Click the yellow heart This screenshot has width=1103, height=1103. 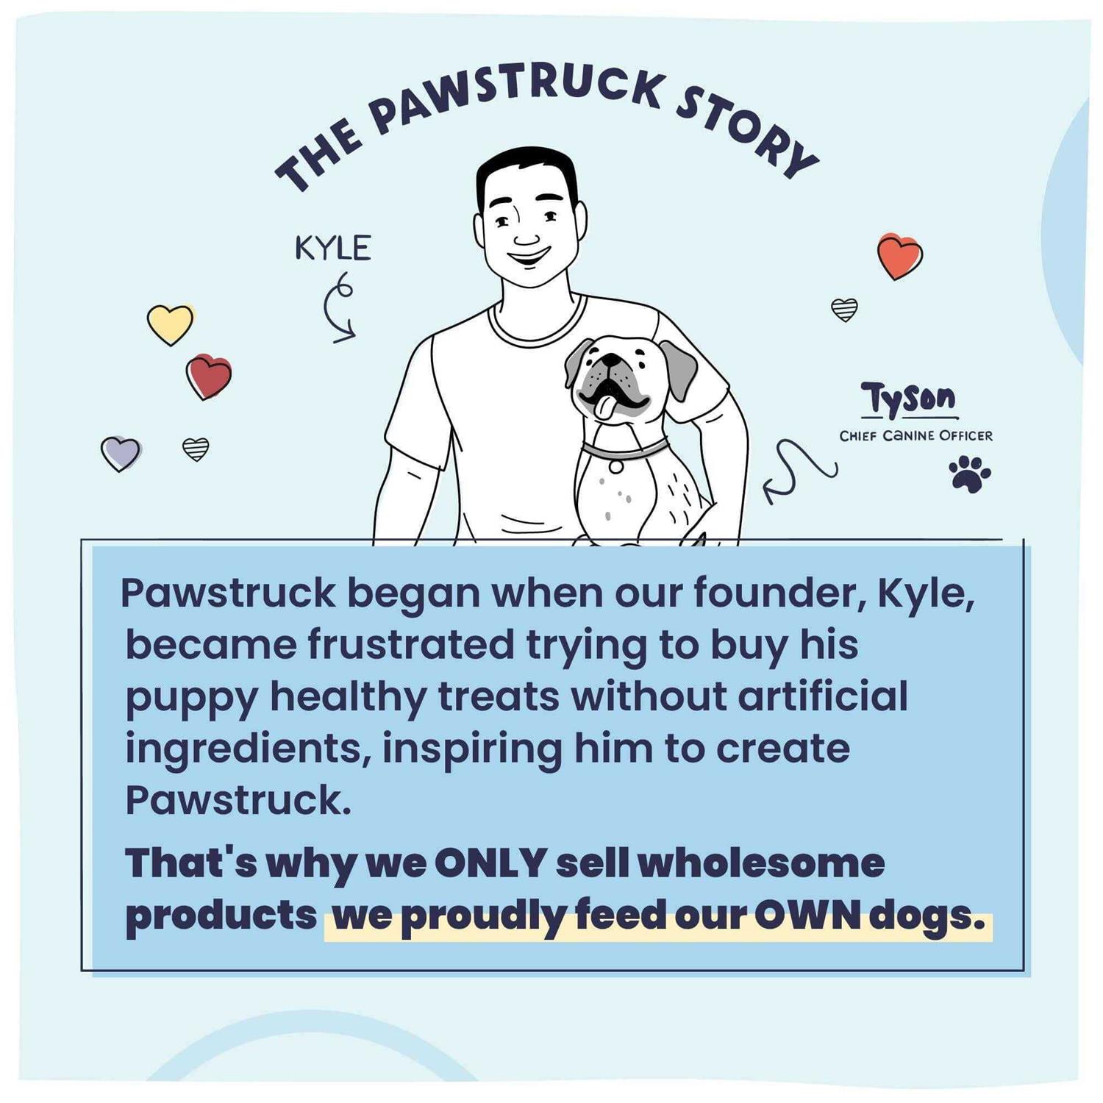(170, 323)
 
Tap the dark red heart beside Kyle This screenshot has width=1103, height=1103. (209, 376)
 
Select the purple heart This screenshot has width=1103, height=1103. (121, 452)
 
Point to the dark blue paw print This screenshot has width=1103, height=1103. (969, 473)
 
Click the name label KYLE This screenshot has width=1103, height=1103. (332, 249)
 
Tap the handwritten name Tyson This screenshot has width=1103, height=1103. (909, 399)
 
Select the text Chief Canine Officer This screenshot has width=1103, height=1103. (915, 435)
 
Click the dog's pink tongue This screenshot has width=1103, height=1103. (604, 408)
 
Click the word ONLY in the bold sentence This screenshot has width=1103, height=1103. (490, 862)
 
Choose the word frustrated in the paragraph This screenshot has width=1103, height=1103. (410, 644)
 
